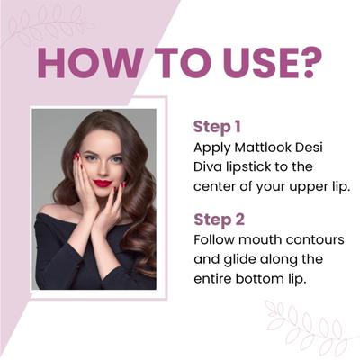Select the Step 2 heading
coord(219,220)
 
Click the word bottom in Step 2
coord(265,281)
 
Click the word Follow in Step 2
coord(215,240)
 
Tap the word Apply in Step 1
coord(212,146)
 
